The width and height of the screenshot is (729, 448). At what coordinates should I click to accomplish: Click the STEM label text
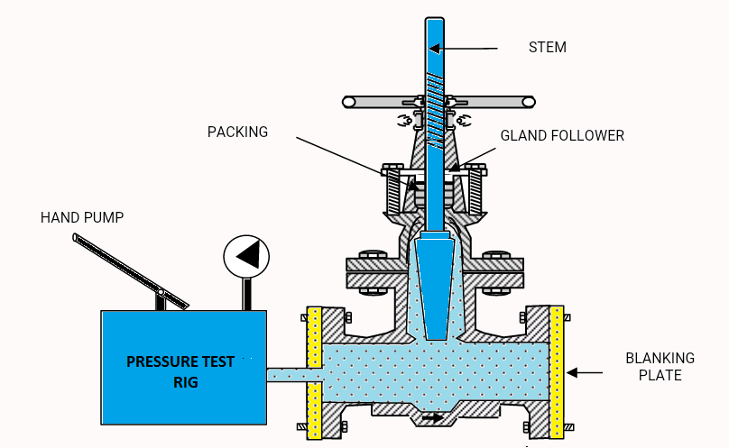pos(547,47)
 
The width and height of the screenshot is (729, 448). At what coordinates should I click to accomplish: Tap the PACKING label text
pos(237,132)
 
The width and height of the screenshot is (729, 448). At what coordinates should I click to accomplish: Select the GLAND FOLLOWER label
pos(562,135)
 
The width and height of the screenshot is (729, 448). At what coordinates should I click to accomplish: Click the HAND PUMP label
pos(81,217)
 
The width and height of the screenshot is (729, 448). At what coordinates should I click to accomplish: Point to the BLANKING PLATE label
pos(653,366)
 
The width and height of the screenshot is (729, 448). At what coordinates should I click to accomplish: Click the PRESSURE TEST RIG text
pos(180,370)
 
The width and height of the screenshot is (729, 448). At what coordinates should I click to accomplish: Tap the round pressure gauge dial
pos(246,257)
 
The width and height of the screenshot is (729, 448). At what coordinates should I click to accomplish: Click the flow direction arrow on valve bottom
pos(434,417)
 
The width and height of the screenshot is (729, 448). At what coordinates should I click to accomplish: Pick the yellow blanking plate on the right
pos(557,370)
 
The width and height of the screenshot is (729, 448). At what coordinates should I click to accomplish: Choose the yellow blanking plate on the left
pos(314,372)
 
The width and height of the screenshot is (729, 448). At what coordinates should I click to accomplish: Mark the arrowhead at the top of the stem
pos(434,48)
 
